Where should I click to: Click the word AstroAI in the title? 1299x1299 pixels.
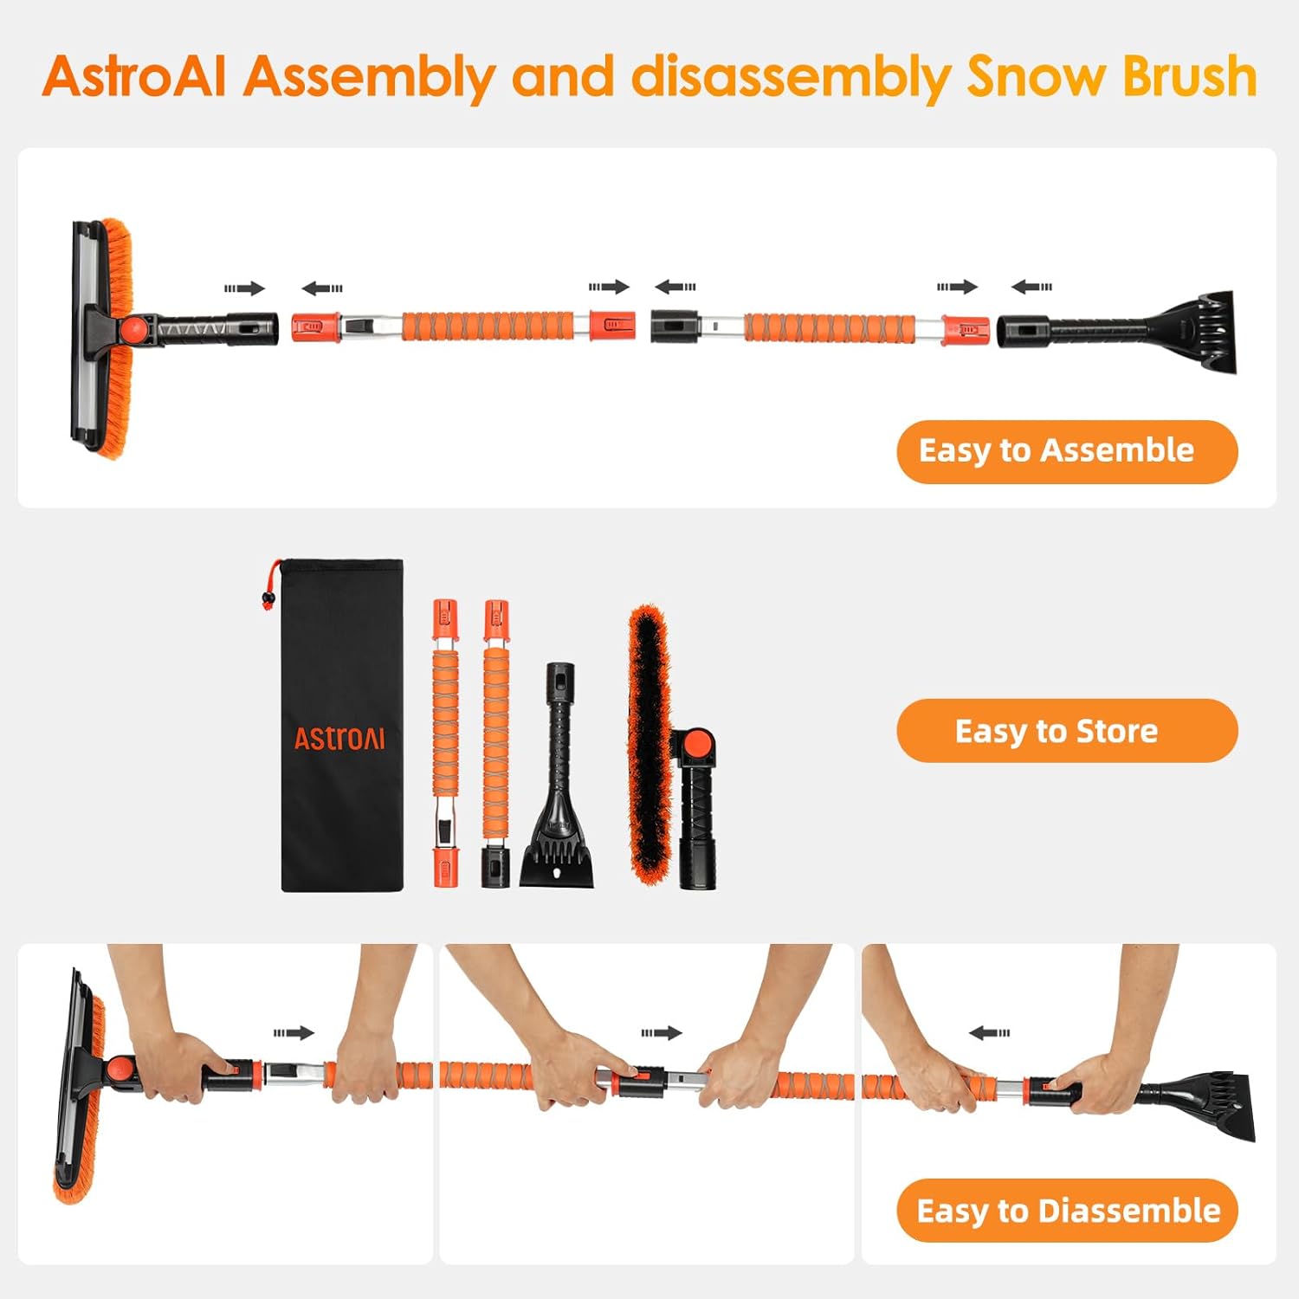point(134,76)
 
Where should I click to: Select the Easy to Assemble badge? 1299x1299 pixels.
point(1066,451)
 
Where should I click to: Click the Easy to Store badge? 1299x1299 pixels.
point(1066,731)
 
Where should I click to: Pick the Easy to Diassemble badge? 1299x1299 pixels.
point(1066,1210)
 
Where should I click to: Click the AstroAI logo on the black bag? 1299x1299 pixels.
point(339,739)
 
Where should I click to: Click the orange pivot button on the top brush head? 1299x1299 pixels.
point(133,329)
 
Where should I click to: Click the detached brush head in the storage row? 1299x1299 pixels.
point(649,745)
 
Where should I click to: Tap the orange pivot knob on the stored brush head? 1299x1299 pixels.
point(697,743)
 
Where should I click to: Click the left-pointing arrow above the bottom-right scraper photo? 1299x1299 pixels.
point(989,1032)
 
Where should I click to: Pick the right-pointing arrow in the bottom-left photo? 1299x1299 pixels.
point(294,1032)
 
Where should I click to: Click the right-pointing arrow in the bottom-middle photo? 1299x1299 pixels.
point(662,1032)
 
